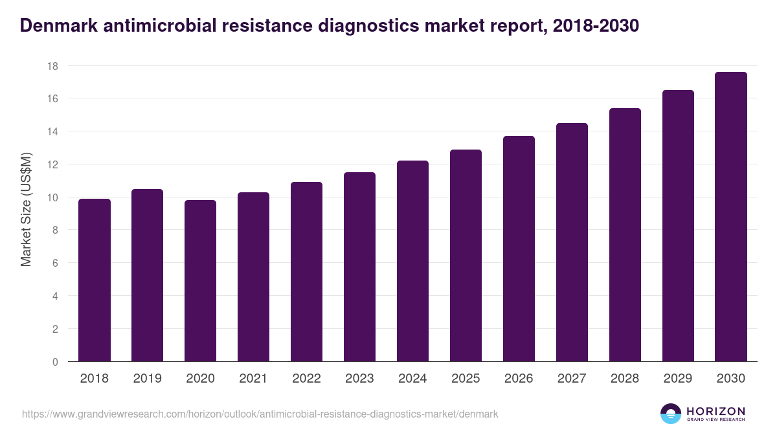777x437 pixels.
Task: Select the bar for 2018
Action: pos(95,280)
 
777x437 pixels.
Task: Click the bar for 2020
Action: pos(201,281)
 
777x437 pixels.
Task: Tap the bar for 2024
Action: pos(412,261)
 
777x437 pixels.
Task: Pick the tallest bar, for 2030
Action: pos(731,217)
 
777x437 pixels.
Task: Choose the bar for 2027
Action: pos(572,242)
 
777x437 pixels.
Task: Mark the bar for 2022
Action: pos(306,272)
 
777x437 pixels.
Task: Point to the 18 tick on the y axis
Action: pos(52,66)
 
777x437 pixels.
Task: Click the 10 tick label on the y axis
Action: pos(52,197)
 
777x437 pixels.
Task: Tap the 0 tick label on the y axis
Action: pos(56,362)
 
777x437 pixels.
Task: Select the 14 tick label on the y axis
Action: pos(52,131)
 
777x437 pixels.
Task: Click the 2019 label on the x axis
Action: pos(148,379)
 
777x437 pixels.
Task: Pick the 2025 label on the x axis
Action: pos(466,379)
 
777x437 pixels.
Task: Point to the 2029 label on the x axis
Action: pos(678,379)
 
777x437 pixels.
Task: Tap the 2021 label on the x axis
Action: pos(253,379)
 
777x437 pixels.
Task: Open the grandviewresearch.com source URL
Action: pos(260,414)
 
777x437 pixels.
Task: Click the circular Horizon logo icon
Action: pos(671,414)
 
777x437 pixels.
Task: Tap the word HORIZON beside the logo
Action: pos(715,410)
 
